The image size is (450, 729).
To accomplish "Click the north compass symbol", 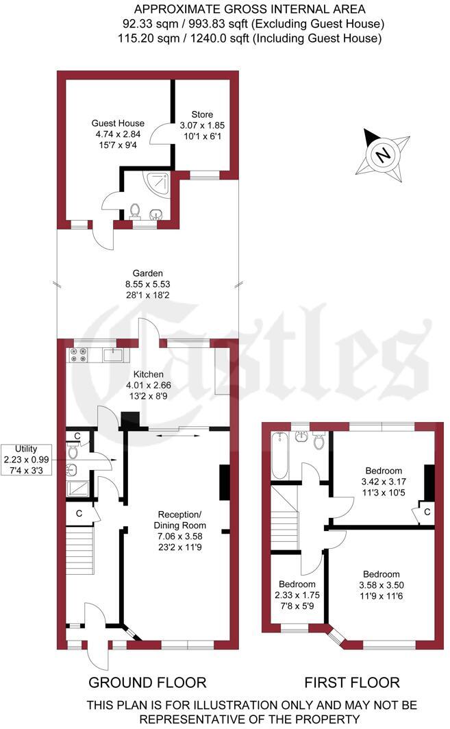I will (x=383, y=154).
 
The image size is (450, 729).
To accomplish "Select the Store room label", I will (x=202, y=125).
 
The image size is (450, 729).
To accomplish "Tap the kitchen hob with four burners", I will (x=79, y=354).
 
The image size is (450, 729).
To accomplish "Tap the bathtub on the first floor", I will (x=280, y=456).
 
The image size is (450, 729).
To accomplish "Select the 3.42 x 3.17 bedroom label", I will (x=383, y=482).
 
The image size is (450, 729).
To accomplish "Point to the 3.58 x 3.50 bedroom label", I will (x=382, y=584).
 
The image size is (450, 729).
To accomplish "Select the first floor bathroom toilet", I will (x=318, y=441).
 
